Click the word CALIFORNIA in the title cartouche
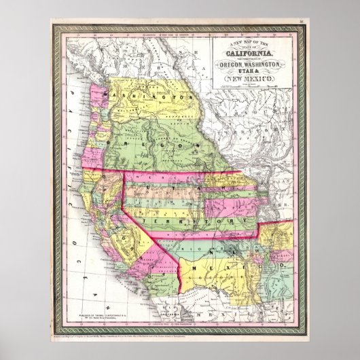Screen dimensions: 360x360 (246, 55)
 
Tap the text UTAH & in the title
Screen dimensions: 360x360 (246, 72)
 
